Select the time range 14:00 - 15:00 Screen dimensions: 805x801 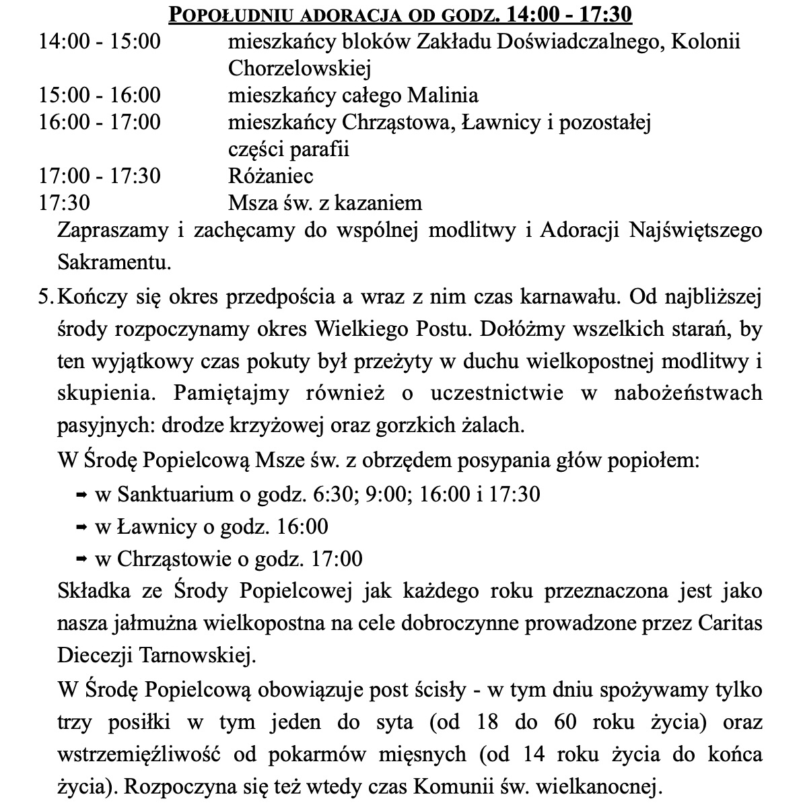(100, 42)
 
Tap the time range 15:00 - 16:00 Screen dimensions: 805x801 (100, 95)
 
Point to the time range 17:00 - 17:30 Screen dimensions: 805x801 (100, 176)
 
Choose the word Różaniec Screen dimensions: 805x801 (271, 176)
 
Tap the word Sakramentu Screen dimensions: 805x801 (114, 261)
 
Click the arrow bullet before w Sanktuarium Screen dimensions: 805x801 (80, 495)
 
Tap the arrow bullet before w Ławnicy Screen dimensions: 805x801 (80, 527)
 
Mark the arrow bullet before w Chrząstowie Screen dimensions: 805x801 (80, 559)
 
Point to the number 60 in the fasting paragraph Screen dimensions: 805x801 (566, 723)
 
